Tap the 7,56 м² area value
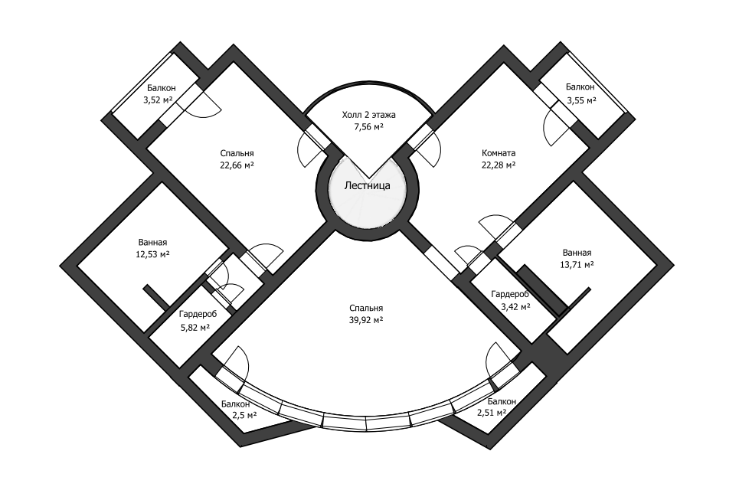tap(368, 127)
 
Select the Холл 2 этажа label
tap(368, 115)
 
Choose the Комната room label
tap(499, 152)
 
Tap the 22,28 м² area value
tap(499, 165)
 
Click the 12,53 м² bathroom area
tap(154, 254)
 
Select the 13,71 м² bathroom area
tap(577, 264)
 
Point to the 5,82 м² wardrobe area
tap(195, 327)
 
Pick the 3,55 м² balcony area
tap(581, 100)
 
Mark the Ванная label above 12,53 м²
tap(153, 242)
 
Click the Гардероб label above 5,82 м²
tap(198, 314)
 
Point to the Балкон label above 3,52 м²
tap(162, 88)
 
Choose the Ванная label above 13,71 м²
tap(577, 252)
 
